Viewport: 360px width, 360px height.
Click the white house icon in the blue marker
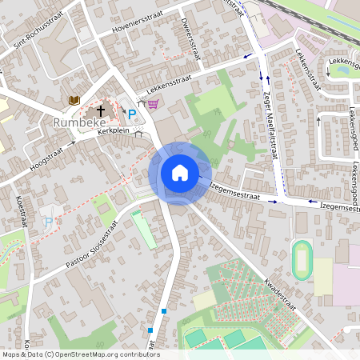(x=180, y=173)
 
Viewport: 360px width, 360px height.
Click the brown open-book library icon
(x=74, y=99)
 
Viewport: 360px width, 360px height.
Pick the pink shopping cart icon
(x=153, y=103)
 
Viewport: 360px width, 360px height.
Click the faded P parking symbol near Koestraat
(x=48, y=222)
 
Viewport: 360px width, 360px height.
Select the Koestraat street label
(x=22, y=212)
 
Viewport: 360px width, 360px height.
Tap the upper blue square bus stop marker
(x=164, y=310)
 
